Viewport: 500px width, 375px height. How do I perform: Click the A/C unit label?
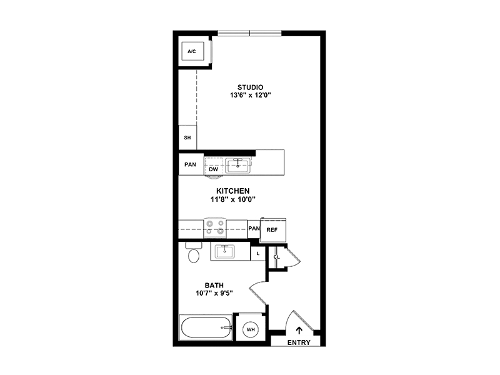[x=192, y=51]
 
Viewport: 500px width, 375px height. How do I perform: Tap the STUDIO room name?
[x=251, y=87]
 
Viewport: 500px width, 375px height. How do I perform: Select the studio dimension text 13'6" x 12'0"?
[x=251, y=95]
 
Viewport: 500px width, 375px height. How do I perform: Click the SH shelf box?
[x=187, y=137]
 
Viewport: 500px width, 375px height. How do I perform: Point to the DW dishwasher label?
[x=214, y=169]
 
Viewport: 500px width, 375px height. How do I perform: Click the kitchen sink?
[x=238, y=166]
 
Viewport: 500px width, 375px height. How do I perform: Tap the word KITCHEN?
[x=232, y=191]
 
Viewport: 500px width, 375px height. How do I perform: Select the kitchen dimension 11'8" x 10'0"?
[x=232, y=199]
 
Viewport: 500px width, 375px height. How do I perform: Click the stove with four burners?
[x=215, y=228]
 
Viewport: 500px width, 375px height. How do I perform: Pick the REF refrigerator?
[x=273, y=229]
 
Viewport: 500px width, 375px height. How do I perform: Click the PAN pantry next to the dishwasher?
[x=191, y=164]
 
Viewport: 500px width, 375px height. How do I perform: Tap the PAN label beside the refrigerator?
[x=254, y=228]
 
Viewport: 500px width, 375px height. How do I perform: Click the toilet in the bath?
[x=194, y=252]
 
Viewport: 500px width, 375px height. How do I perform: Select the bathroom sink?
[x=225, y=252]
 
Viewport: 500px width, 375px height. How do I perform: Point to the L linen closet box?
[x=258, y=254]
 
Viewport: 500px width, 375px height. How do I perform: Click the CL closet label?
[x=276, y=257]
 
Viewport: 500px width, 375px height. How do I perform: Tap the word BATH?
[x=214, y=286]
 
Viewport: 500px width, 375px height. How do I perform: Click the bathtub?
[x=206, y=327]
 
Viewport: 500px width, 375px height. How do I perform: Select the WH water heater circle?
[x=251, y=329]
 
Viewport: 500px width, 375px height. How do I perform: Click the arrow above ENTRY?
[x=299, y=331]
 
